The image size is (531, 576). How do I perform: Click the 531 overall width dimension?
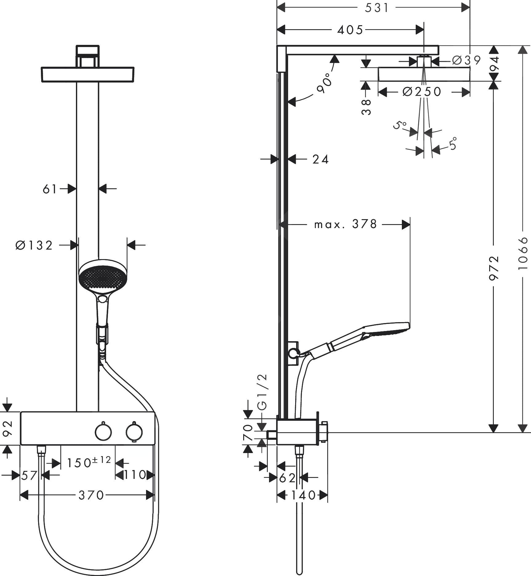(377, 8)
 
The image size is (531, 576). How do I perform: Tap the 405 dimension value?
(350, 30)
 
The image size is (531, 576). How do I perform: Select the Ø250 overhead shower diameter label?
(422, 92)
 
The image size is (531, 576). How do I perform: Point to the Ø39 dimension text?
(466, 61)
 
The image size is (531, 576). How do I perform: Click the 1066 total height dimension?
(522, 253)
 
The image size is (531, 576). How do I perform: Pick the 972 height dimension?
(493, 268)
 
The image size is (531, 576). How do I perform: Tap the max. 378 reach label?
(345, 224)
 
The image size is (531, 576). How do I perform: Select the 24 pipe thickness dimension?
(321, 159)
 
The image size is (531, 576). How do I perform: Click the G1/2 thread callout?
(263, 392)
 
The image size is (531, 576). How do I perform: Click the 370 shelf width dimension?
(91, 495)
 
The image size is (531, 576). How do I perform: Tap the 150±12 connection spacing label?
(89, 462)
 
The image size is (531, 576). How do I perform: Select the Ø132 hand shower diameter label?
(34, 245)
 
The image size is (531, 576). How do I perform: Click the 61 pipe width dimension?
(50, 189)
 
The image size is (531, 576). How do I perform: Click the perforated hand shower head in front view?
(103, 276)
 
